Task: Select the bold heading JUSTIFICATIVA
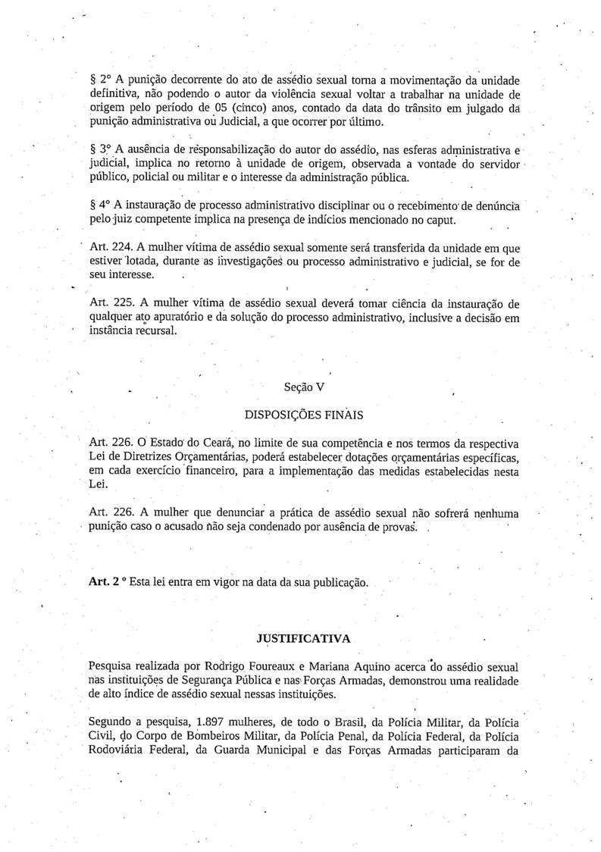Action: click(x=304, y=638)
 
